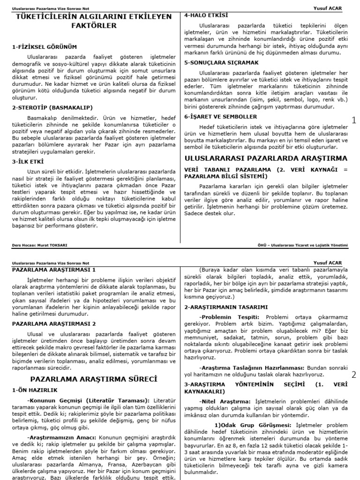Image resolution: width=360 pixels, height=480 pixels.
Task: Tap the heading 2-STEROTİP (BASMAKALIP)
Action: [x=52, y=107]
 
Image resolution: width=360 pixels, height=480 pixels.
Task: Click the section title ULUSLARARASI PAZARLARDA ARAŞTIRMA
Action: [x=266, y=158]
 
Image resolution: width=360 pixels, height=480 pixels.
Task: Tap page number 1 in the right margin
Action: [x=354, y=120]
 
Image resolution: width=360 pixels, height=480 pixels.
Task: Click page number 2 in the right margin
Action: [x=354, y=375]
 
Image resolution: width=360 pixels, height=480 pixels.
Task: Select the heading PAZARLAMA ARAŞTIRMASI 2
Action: [x=54, y=323]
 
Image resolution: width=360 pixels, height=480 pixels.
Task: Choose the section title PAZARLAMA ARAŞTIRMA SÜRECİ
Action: [x=94, y=378]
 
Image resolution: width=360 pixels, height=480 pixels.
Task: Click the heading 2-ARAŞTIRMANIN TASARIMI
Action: [x=226, y=307]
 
